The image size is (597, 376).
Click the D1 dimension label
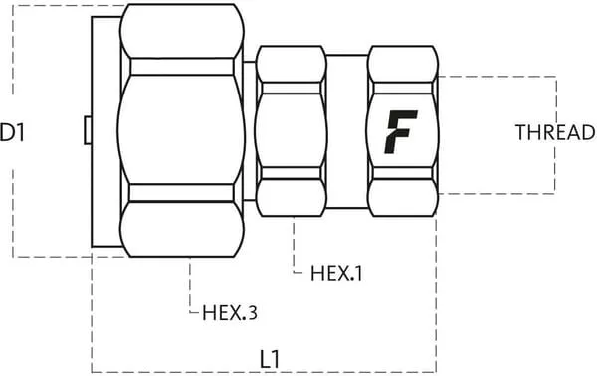tap(12, 132)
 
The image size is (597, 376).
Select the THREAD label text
tap(555, 132)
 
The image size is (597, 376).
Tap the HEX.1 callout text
tap(336, 273)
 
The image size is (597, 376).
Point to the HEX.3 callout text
tap(230, 312)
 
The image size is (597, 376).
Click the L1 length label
tap(270, 359)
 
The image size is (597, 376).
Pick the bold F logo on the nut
tap(401, 132)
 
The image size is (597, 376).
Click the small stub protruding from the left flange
tap(88, 130)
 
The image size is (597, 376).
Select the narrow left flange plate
tap(106, 131)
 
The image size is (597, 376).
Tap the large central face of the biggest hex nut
tap(181, 129)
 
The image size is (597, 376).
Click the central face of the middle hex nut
tap(292, 130)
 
